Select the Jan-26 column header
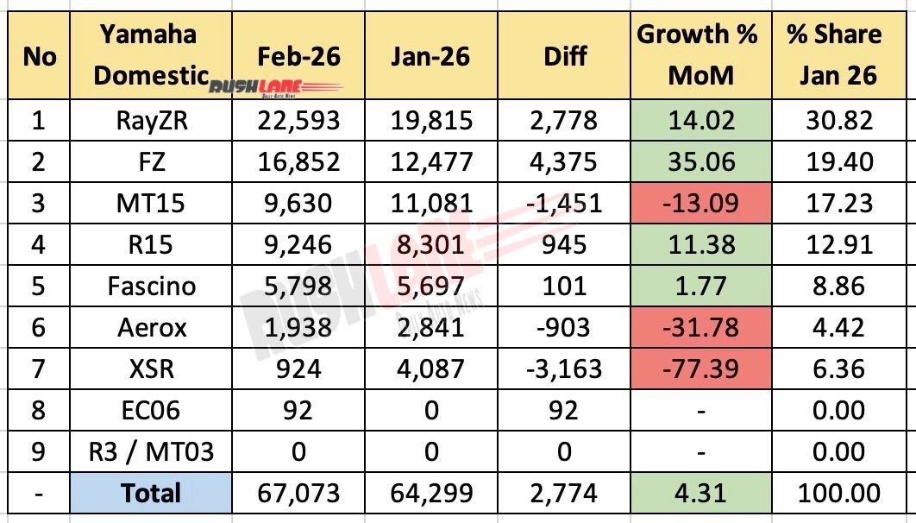click(x=431, y=56)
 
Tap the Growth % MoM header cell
click(x=697, y=55)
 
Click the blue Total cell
click(x=150, y=494)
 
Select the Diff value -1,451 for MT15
click(x=565, y=204)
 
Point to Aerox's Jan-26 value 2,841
click(x=431, y=328)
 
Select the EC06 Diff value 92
click(x=565, y=411)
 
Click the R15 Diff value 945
click(x=565, y=245)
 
